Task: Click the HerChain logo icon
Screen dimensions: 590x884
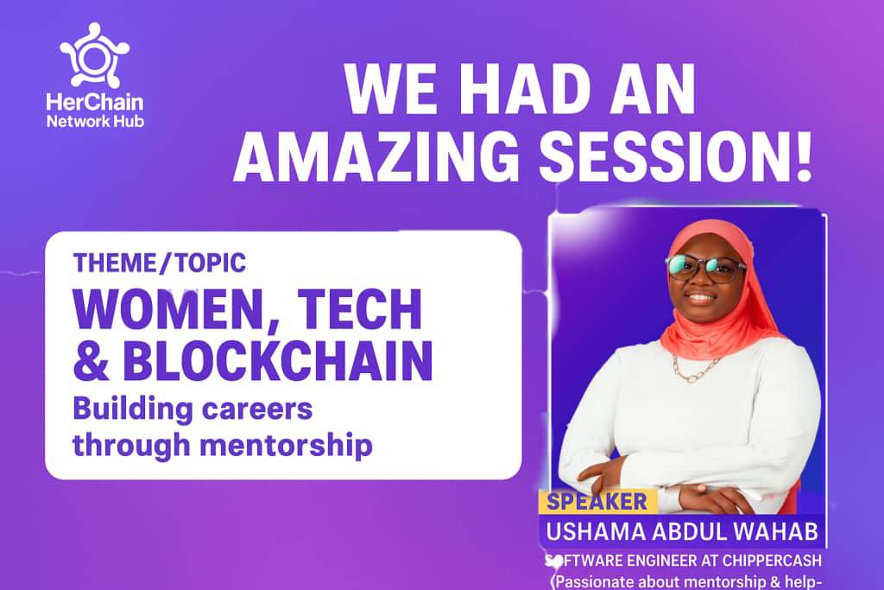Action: pyautogui.click(x=94, y=54)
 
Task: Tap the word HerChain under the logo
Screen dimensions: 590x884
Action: pyautogui.click(x=94, y=101)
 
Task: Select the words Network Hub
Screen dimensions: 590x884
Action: pyautogui.click(x=94, y=120)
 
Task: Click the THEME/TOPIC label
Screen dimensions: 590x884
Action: pyautogui.click(x=160, y=262)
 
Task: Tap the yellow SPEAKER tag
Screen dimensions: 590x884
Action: pyautogui.click(x=597, y=501)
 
